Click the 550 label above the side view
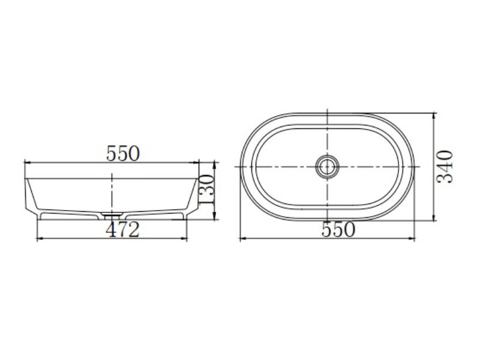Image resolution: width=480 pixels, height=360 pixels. point(123,154)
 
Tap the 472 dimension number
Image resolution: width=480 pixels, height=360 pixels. point(122,230)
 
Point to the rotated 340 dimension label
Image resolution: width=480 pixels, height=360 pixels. point(444,167)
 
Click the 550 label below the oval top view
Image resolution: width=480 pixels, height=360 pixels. point(338,230)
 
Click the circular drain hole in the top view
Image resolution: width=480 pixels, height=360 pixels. point(327,167)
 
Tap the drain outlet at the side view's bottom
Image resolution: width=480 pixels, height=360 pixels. point(112,215)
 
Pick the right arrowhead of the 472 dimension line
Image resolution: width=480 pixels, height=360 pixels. point(183,238)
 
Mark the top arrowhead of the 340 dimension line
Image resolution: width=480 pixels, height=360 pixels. point(434,117)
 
